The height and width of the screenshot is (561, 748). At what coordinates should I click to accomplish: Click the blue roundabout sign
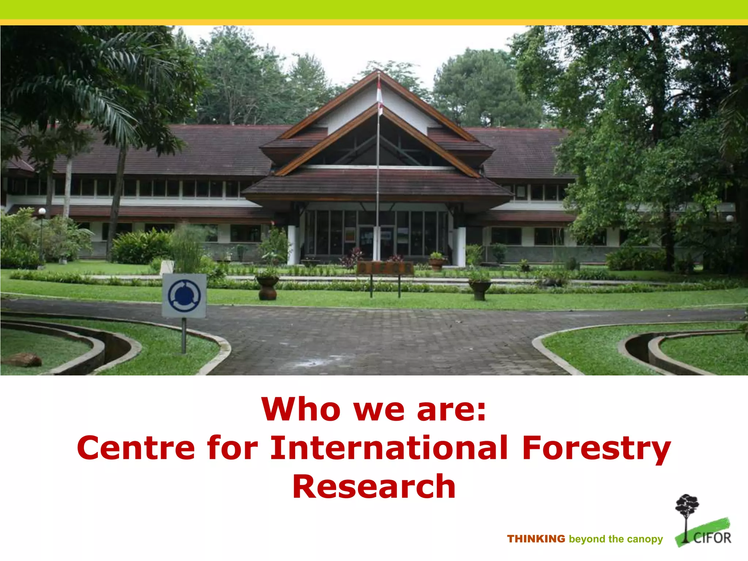[x=184, y=295]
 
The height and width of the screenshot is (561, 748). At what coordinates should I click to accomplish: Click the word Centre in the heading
[x=136, y=448]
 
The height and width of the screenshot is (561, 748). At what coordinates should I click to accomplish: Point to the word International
[x=389, y=448]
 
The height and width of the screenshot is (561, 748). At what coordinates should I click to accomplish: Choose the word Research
[x=374, y=486]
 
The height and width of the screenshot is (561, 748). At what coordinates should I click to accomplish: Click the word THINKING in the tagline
[x=536, y=539]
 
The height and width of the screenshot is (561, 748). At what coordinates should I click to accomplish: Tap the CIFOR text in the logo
[x=712, y=538]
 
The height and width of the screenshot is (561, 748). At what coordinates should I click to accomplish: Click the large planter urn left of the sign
[x=267, y=288]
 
